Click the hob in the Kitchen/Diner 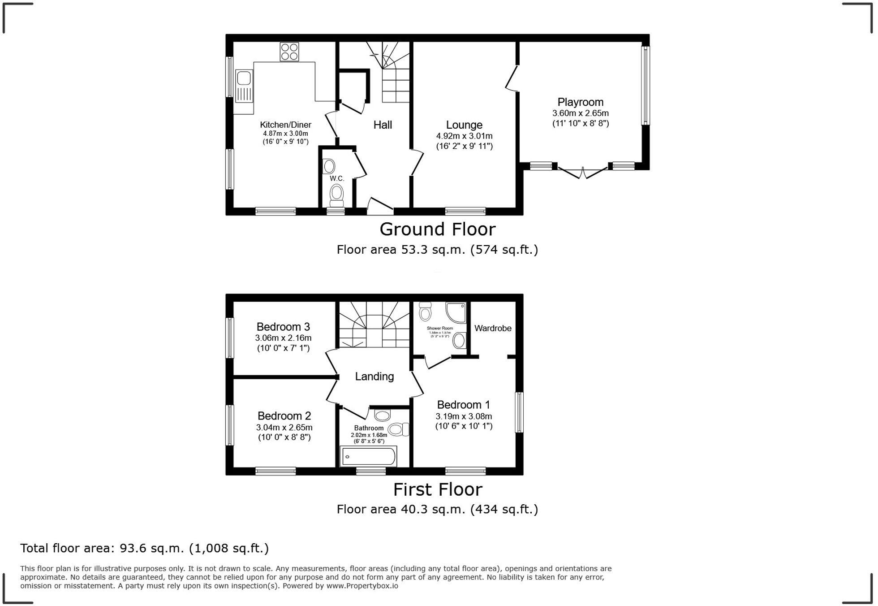coord(289,52)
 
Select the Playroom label coord(580,102)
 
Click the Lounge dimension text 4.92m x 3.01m coord(464,136)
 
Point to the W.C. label coord(337,178)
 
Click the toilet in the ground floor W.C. coord(336,195)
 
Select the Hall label coord(383,125)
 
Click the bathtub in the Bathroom coord(369,456)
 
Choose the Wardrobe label coord(493,328)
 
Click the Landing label coord(374,377)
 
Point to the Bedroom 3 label coord(283,327)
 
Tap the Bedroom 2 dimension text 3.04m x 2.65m coord(284,427)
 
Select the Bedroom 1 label coord(464,405)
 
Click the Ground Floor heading coord(437,229)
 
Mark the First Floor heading coord(437,489)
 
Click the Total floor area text coord(144,548)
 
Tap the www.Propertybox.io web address coord(362,586)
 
